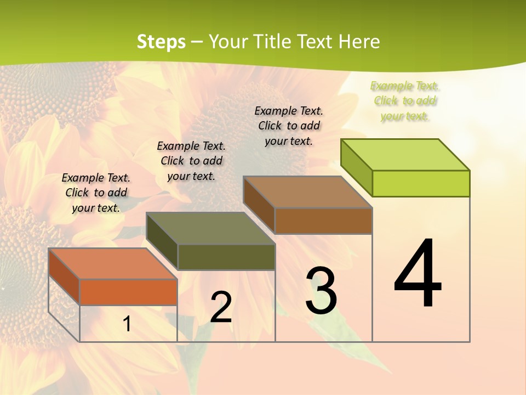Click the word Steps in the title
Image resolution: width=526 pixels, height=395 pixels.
[161, 42]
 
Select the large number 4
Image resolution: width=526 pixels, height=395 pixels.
[418, 274]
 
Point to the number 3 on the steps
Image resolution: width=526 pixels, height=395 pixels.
[321, 291]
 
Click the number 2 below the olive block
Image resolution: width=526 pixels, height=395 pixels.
[221, 307]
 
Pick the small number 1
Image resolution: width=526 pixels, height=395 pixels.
[127, 324]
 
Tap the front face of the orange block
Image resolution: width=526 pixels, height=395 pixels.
[128, 292]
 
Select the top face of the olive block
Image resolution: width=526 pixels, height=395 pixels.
[211, 228]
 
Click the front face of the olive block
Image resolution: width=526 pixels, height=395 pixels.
[226, 257]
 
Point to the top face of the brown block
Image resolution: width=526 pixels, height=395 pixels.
[308, 192]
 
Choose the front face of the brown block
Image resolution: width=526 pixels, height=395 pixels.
[323, 221]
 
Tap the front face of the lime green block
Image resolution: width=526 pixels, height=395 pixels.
[421, 183]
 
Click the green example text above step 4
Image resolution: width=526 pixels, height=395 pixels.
[405, 101]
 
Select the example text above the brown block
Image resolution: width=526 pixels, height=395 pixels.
[289, 126]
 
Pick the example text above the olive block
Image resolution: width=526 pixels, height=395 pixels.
[191, 161]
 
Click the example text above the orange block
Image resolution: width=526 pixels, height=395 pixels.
[96, 193]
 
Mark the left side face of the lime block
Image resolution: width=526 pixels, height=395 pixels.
[356, 167]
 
